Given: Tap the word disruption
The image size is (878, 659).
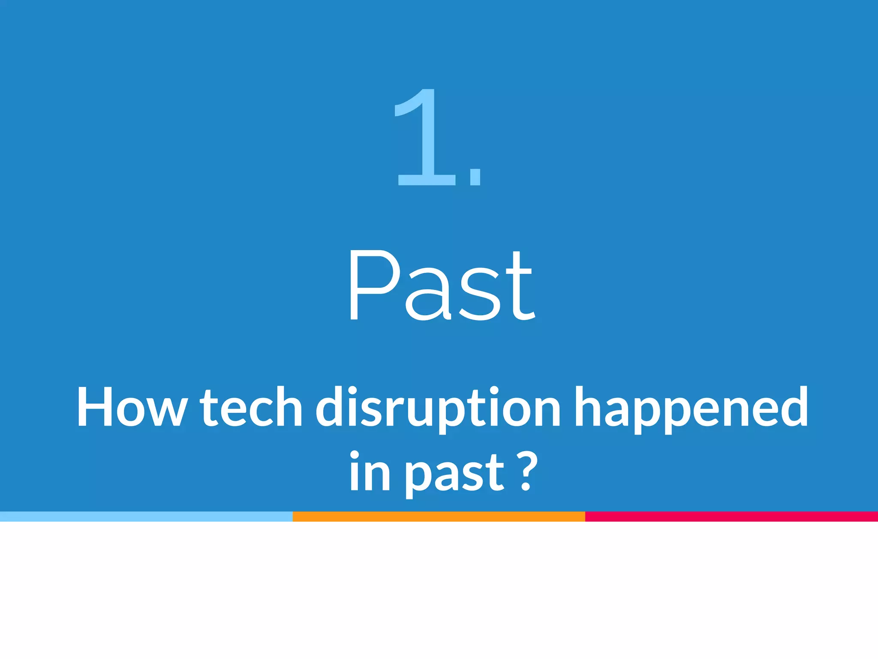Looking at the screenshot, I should point(438,408).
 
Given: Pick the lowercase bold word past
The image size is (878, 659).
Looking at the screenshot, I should point(454,474).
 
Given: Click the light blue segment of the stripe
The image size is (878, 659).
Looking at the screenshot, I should point(146,517).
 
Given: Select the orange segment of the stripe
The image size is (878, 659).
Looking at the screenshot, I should point(439,517).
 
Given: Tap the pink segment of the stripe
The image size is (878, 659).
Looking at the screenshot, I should point(731,517).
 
